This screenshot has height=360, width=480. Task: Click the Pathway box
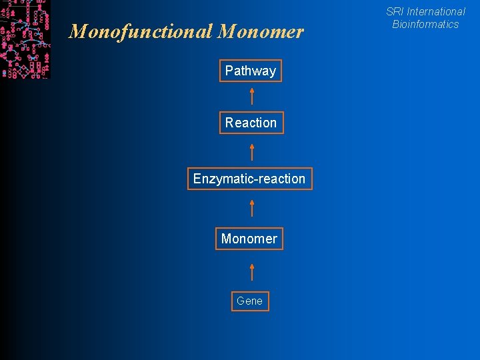pos(251,71)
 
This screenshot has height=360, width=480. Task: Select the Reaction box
pos(251,123)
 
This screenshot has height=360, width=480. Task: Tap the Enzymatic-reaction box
pos(249,179)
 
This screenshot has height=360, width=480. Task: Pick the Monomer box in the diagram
pos(249,239)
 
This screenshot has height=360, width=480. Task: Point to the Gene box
pos(250,301)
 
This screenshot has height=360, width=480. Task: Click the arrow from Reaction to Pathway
pos(252,96)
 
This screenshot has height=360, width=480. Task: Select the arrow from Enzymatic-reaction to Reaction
pos(252,151)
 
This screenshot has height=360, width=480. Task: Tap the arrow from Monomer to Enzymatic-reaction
pos(252,208)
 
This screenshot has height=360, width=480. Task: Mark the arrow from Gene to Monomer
pos(252,271)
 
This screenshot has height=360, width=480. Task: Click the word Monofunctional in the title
pos(140,31)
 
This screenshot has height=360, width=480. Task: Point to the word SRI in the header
pos(395,11)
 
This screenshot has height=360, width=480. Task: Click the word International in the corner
pos(436,11)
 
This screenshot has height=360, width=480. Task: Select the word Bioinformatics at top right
pos(425,24)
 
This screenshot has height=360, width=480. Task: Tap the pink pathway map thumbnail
pos(25,39)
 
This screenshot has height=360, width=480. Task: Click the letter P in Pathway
pos(229,71)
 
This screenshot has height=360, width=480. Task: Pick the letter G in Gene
pos(240,301)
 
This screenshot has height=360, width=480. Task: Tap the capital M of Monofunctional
pos(77,31)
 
